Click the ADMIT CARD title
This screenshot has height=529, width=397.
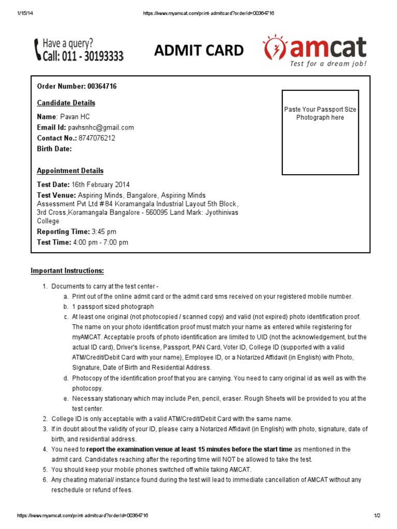coord(199,50)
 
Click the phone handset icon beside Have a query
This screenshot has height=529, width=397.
coord(37,50)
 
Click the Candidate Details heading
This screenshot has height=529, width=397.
coord(66,103)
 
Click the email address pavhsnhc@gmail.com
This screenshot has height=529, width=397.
coord(101,128)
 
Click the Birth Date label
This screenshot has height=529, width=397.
coord(54,149)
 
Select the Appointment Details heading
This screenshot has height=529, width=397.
coord(70,171)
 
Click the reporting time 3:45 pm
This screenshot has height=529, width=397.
coord(104,232)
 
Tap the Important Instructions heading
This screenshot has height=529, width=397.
coord(67,271)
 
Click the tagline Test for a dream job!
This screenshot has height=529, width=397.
coord(328,64)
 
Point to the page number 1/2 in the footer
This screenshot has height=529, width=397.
coord(377,516)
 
